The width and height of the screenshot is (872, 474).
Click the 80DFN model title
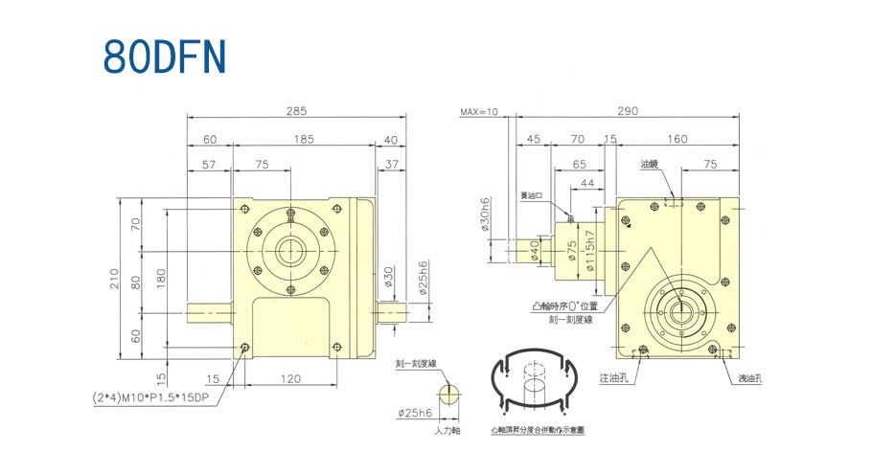click(164, 57)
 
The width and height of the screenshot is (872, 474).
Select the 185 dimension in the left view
click(303, 140)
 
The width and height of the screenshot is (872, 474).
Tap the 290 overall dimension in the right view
click(627, 112)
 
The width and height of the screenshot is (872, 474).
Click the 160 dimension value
click(677, 140)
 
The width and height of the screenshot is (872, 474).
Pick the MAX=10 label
click(479, 112)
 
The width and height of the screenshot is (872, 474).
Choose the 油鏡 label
click(649, 165)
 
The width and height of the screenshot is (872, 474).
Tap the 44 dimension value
click(586, 183)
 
